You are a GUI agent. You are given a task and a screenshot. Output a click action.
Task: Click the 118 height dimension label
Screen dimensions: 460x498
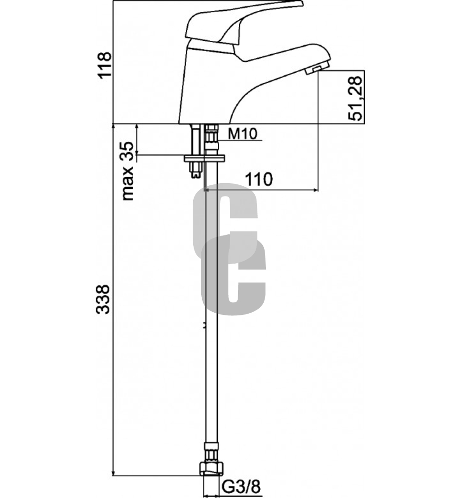coord(105,65)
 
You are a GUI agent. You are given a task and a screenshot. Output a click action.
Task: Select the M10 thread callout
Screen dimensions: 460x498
coord(243,134)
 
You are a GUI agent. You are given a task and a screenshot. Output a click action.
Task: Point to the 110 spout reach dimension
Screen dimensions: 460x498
coord(259,179)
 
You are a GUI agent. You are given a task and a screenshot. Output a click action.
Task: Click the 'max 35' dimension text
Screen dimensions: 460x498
coord(128,170)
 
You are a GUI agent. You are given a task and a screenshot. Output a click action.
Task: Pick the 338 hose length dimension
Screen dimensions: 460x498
coord(103,300)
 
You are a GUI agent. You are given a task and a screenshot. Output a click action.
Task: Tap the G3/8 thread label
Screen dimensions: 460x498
coord(241,486)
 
